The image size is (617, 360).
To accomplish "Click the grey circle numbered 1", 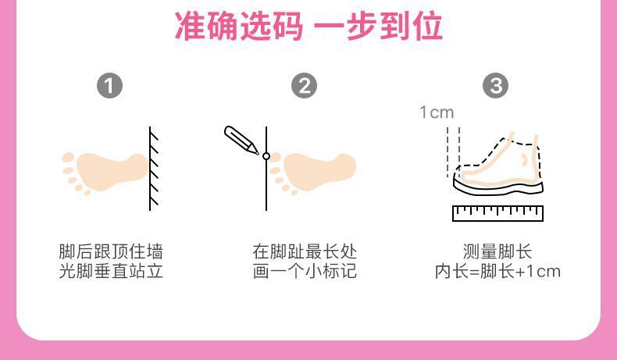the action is click(109, 86).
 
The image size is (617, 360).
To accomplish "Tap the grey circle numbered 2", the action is click(304, 86).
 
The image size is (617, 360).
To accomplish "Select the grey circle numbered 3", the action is click(495, 86).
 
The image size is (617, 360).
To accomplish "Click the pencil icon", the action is click(241, 140).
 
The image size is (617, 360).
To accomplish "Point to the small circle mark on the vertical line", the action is click(266, 156).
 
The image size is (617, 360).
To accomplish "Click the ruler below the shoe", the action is click(498, 213).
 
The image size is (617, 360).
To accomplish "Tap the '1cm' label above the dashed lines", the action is click(437, 112).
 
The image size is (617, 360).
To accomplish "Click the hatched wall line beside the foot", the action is click(153, 169).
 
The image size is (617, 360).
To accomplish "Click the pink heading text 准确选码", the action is click(239, 26).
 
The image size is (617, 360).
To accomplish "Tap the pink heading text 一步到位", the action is click(379, 26).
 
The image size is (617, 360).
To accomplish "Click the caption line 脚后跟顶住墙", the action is click(111, 251).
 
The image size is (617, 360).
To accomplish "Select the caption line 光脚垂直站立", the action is click(111, 271).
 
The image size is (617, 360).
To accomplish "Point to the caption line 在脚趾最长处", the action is click(305, 251).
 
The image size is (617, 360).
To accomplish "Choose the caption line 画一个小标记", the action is click(305, 271).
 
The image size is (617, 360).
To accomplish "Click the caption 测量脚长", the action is click(498, 251).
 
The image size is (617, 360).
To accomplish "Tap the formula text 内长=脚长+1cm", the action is click(498, 271).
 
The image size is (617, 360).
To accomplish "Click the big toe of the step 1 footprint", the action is click(68, 157).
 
